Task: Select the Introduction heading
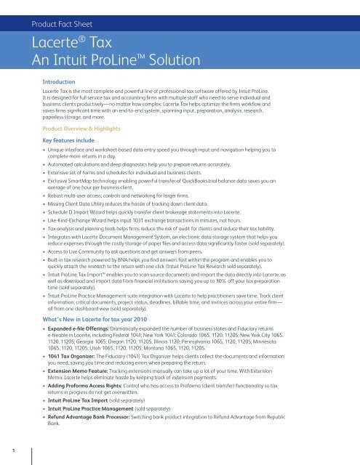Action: coord(63,84)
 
